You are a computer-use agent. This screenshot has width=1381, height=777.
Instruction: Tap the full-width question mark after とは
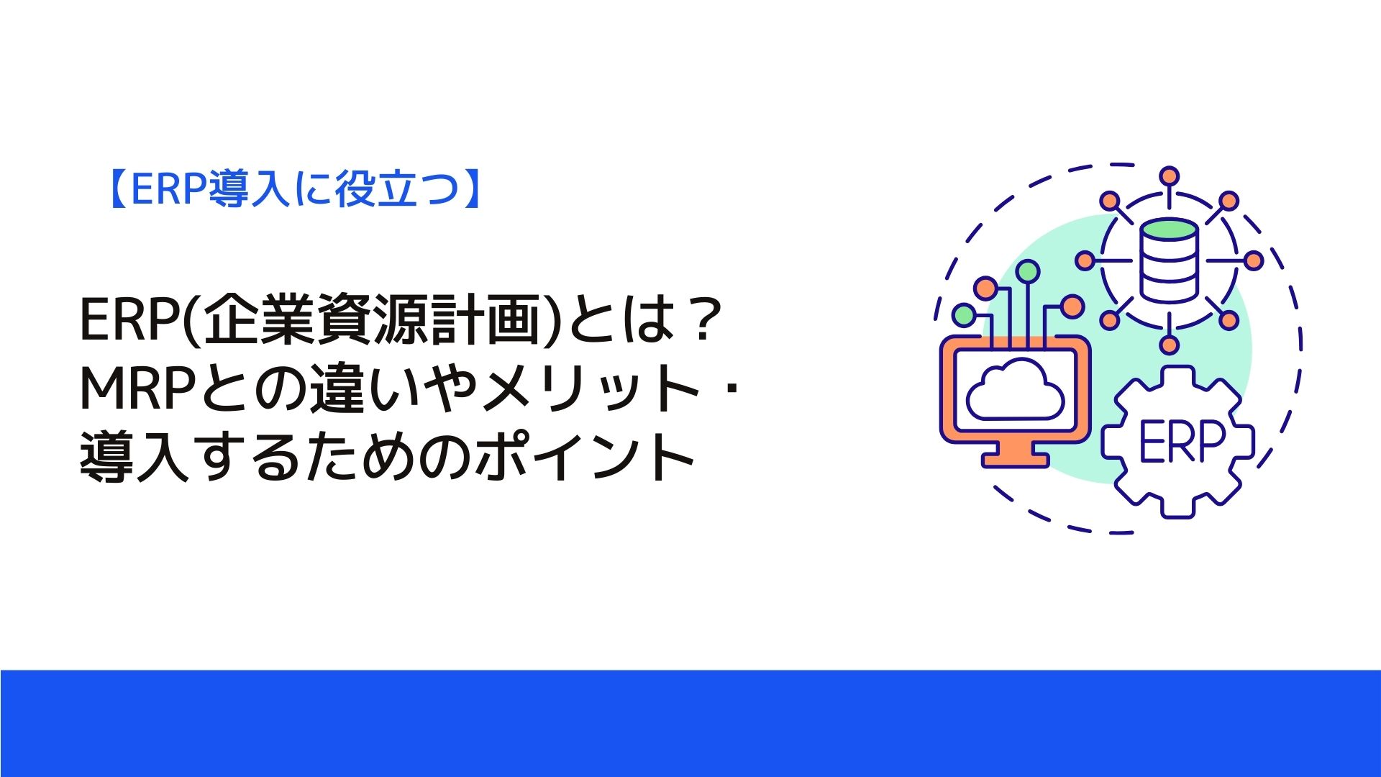click(x=700, y=321)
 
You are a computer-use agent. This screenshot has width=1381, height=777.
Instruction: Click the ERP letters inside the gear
click(x=1182, y=440)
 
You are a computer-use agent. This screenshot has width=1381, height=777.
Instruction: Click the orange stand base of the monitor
click(x=1014, y=457)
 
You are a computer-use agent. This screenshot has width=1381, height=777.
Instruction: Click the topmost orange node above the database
click(x=1170, y=176)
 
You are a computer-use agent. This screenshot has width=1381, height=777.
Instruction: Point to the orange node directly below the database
click(x=1170, y=345)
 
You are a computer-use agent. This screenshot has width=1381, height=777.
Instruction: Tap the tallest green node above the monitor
click(x=1029, y=271)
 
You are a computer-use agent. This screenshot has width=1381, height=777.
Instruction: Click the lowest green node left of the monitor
click(x=963, y=314)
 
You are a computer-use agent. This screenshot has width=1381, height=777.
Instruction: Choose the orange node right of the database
click(x=1254, y=260)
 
